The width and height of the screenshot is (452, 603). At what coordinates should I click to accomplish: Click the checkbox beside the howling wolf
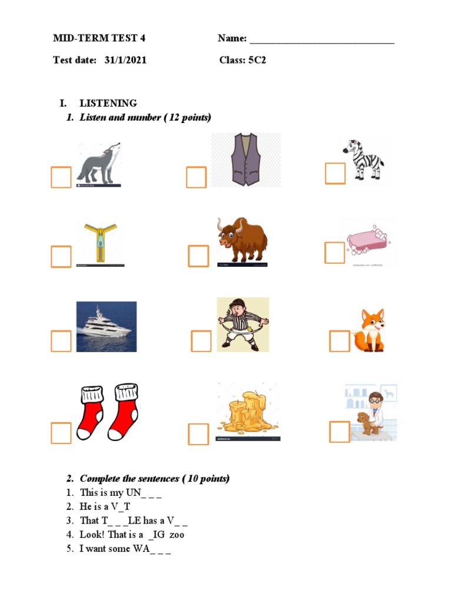tap(61, 177)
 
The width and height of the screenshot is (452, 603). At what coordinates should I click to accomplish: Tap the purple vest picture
tap(245, 160)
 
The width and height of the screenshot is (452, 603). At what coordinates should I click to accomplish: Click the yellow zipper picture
tap(101, 244)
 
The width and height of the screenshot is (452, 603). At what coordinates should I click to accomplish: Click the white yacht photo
tap(107, 327)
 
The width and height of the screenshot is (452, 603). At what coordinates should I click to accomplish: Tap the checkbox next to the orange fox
tap(340, 342)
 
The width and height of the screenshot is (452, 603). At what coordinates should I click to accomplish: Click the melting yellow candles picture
tap(248, 412)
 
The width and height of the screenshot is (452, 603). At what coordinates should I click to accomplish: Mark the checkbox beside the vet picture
tap(340, 432)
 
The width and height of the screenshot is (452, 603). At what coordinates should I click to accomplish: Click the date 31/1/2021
tap(126, 60)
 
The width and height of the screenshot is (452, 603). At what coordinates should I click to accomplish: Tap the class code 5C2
tap(257, 60)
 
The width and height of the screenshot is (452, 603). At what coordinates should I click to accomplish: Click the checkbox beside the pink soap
tap(335, 253)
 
